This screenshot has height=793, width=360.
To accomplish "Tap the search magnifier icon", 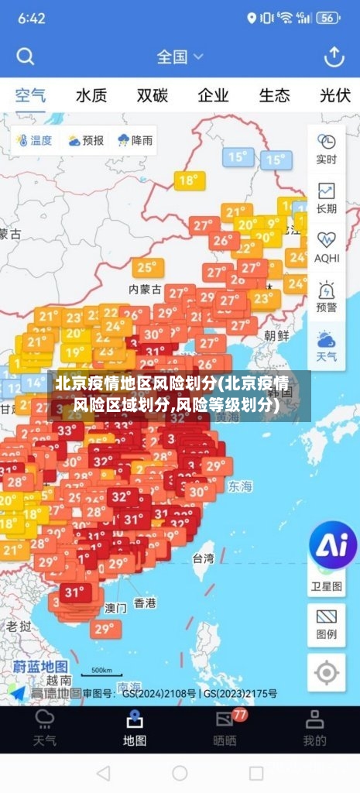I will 26,57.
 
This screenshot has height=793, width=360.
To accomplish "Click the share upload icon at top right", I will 334,57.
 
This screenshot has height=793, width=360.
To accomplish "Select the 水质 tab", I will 91,96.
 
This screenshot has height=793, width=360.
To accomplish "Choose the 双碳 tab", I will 153,96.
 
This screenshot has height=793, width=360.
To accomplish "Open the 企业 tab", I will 213,96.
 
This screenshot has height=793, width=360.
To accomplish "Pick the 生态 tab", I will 274,96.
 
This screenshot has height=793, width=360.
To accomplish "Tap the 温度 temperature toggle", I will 33,140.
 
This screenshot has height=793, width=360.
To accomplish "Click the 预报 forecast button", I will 85,140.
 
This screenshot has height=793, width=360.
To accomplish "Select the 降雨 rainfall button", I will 135,140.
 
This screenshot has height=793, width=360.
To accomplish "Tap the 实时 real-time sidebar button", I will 326,149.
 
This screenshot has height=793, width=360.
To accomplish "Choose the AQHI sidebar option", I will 326,246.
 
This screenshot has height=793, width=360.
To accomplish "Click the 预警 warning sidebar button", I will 326,296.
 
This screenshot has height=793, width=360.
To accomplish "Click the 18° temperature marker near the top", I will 188,180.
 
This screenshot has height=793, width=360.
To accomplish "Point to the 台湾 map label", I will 203,558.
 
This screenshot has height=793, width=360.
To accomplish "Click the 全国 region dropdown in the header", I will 180,57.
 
